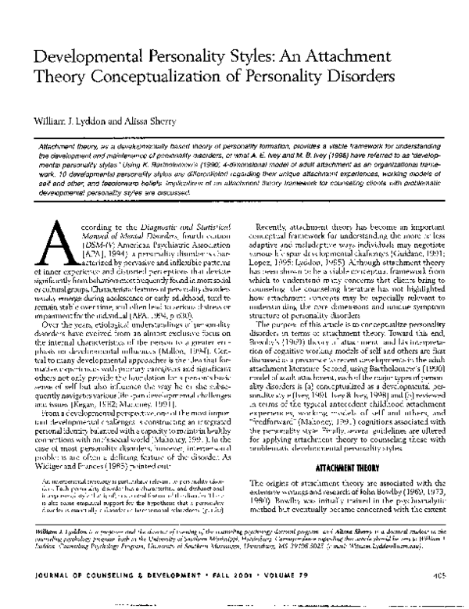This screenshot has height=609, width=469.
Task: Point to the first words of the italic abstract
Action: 70,146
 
